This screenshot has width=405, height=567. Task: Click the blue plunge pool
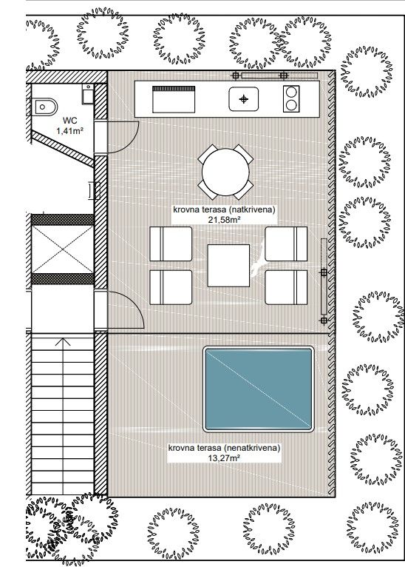click(258, 389)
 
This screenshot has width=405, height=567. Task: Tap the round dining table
click(225, 172)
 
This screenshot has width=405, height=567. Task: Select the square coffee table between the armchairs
click(228, 266)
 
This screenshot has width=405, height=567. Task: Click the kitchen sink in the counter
click(244, 98)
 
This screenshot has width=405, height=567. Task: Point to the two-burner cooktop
click(291, 98)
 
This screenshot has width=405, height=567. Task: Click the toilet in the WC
click(45, 107)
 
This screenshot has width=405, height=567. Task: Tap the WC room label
click(70, 121)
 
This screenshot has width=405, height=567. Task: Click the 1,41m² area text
click(70, 131)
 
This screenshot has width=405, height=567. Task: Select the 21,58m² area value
click(224, 219)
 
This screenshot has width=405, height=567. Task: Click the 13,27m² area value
click(224, 457)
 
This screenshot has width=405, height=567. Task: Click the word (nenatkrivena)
click(252, 448)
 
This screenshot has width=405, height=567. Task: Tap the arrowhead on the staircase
click(63, 341)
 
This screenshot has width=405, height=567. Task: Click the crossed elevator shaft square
click(63, 249)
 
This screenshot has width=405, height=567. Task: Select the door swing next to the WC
click(123, 137)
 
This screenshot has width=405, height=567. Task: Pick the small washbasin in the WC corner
click(88, 95)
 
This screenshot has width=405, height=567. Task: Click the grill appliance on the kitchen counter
click(174, 99)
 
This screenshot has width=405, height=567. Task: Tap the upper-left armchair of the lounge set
click(171, 244)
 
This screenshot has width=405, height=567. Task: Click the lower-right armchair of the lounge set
click(286, 287)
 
